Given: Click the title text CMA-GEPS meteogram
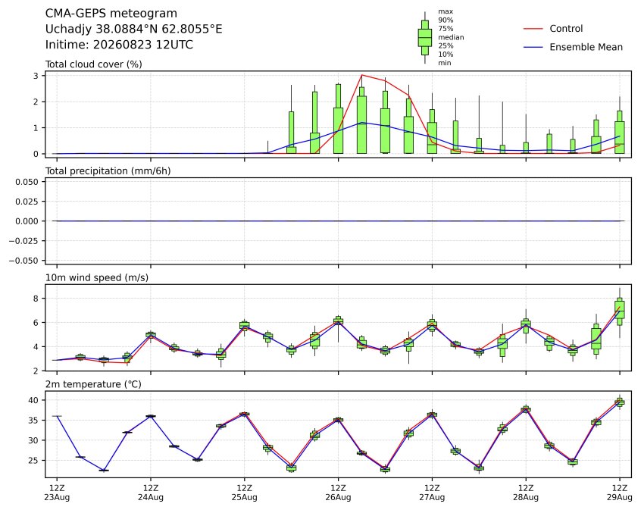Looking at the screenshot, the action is [x=111, y=14].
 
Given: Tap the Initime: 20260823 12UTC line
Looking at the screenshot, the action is [x=119, y=45].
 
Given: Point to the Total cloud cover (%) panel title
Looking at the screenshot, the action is [x=94, y=64].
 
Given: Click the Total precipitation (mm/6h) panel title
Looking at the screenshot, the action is [x=108, y=171].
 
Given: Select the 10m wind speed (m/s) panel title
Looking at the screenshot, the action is [x=97, y=277].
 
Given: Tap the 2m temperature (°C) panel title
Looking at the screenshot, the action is [x=93, y=384].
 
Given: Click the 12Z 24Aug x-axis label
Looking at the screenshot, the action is [x=151, y=493].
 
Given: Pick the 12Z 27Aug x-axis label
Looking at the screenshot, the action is [x=432, y=493].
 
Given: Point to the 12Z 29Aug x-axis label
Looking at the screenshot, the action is [x=620, y=493].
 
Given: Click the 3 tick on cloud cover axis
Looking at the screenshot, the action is [x=36, y=76].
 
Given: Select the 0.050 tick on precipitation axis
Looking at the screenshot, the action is [x=27, y=182].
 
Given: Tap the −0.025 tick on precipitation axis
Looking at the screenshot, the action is [x=24, y=241].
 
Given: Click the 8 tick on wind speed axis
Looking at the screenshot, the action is [x=36, y=299].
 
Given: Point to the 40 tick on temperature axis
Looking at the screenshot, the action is [x=33, y=400].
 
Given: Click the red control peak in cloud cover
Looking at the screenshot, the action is [x=361, y=75].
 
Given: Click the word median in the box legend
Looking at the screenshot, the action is [x=451, y=37].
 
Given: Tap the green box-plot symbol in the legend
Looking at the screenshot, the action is [x=425, y=38].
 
